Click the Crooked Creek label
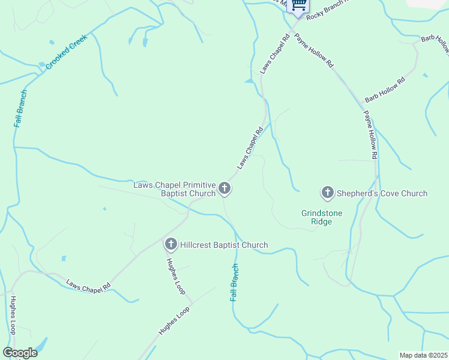coord(67,52)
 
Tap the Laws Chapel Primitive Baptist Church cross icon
coord(224,189)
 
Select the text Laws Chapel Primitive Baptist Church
coord(174,189)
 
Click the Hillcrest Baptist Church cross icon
coord(171,245)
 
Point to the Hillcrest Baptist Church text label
coord(224,245)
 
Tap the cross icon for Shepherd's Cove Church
coord(328,193)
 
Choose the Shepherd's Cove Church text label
coord(382,193)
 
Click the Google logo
coord(20,353)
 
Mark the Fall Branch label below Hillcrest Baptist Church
coord(235,282)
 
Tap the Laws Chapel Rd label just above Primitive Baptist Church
coord(250,148)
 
